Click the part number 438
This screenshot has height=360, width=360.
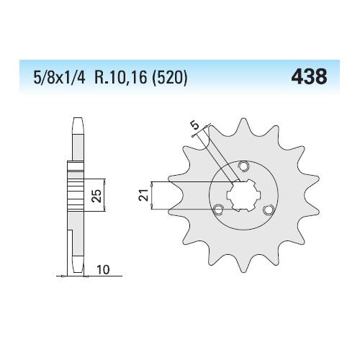309,76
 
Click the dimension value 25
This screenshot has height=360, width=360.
96,196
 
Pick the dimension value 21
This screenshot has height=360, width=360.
143,195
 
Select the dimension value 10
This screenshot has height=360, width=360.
103,269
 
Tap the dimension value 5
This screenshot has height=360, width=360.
194,125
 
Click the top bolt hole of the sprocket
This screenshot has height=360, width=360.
244,166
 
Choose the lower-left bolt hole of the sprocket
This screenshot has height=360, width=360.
218,210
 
